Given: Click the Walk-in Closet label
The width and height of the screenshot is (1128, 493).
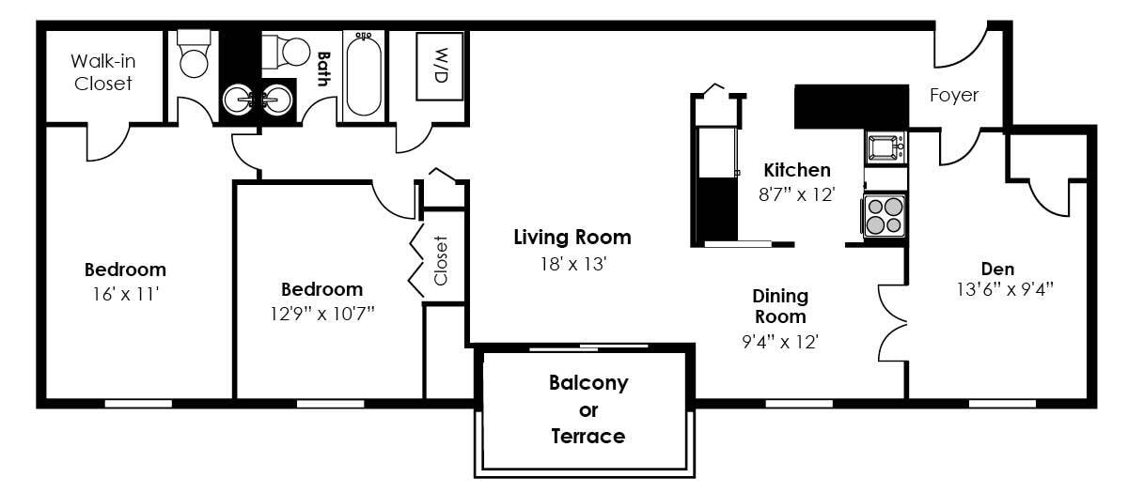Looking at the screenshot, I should [x=102, y=72].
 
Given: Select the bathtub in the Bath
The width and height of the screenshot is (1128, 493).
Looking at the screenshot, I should [x=363, y=74].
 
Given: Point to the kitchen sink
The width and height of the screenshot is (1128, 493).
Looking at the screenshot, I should [x=884, y=147].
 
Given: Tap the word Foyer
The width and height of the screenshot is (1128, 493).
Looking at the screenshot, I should [x=953, y=95].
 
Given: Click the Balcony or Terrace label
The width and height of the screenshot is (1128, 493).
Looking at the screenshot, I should [x=588, y=409].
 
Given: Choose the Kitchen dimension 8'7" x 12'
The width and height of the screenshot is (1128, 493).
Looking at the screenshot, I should [x=797, y=195].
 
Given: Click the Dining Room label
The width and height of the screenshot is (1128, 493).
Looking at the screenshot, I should [x=780, y=306].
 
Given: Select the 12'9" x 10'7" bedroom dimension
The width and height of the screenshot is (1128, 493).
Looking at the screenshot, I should [x=321, y=312].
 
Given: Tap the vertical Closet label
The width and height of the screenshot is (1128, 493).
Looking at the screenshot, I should [x=440, y=260].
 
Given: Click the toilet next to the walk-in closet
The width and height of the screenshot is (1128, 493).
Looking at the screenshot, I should [x=195, y=54].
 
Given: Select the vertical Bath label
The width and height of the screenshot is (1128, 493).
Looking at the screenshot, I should [x=323, y=69].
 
